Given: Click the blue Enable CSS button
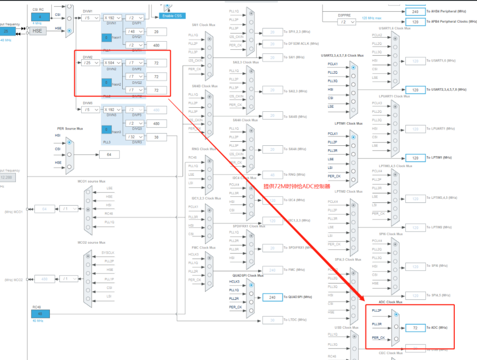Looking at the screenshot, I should [172, 16].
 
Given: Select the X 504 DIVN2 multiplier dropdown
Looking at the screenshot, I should [112, 63].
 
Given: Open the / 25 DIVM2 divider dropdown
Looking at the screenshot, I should [91, 63].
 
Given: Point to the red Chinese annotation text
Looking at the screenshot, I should [297, 186].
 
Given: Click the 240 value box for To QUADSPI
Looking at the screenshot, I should [273, 297].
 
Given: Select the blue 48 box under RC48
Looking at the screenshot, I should [40, 313].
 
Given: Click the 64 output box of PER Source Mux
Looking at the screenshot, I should [109, 154].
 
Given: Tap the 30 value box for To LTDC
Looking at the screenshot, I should [273, 320].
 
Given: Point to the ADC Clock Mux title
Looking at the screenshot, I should [390, 302].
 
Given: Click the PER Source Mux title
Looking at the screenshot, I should [70, 129].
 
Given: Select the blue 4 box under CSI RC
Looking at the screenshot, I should [40, 17].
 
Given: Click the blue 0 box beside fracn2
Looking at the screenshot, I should [106, 83].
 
